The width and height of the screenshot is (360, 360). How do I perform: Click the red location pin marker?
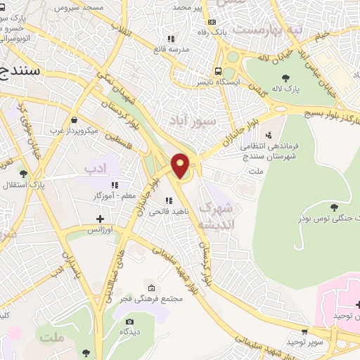(x=180, y=166)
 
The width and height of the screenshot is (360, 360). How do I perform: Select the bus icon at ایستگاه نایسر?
(x=219, y=71)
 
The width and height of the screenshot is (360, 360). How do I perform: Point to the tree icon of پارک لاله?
(x=285, y=77)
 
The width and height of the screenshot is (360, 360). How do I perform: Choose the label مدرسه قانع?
(x=171, y=50)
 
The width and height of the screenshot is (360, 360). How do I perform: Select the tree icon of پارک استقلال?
(x=24, y=173)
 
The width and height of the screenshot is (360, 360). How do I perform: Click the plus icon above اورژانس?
(x=101, y=219)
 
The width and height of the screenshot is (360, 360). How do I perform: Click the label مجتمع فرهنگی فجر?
(x=152, y=299)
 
